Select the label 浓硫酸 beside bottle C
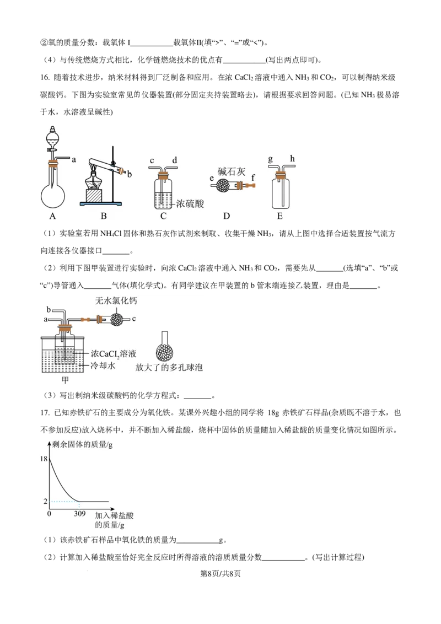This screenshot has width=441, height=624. [x=190, y=204]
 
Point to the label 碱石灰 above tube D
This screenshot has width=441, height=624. [x=232, y=171]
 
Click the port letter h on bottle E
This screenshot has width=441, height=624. [x=293, y=159]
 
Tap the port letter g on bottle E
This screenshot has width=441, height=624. [x=271, y=159]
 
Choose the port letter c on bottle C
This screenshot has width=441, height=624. [x=152, y=161]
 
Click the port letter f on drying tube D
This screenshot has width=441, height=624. [x=252, y=178]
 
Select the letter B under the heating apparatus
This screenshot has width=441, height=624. [x=104, y=216]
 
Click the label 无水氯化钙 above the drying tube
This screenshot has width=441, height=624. [x=116, y=301]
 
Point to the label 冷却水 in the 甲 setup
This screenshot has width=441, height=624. [x=103, y=365]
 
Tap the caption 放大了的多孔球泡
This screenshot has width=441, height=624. [x=169, y=367]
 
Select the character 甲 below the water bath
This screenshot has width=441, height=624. [x=65, y=380]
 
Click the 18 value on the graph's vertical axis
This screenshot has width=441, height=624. [x=44, y=459]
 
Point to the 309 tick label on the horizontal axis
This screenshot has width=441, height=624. [x=79, y=514]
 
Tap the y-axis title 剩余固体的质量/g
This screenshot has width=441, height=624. [x=83, y=444]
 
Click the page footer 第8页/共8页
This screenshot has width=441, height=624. [x=220, y=573]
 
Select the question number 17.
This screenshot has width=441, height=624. [x=45, y=413]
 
